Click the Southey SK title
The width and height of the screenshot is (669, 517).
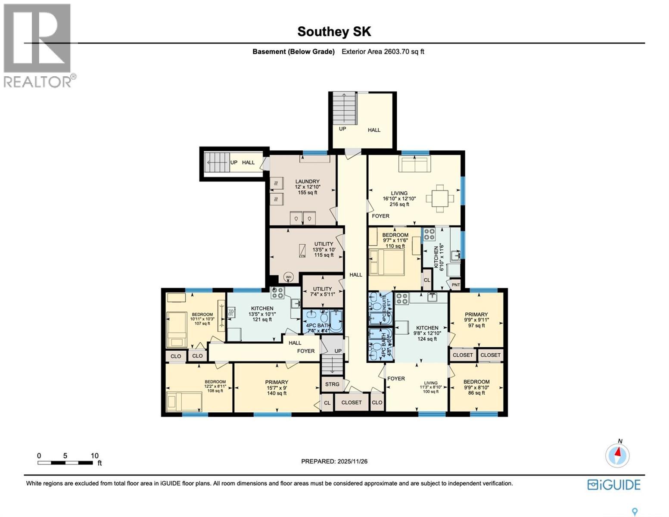click(x=334, y=31)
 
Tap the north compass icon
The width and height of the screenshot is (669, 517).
click(x=617, y=455)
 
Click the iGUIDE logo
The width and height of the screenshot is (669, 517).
click(x=614, y=485)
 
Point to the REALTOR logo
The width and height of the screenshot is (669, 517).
click(x=37, y=45)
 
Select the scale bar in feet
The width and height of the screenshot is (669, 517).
click(x=65, y=463)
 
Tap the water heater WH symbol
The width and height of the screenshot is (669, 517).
click(x=288, y=277)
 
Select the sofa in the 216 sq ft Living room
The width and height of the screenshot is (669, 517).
click(x=414, y=164)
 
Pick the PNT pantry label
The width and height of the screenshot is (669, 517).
click(x=455, y=285)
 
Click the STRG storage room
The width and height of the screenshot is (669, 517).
click(x=332, y=384)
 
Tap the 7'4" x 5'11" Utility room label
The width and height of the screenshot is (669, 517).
click(x=322, y=292)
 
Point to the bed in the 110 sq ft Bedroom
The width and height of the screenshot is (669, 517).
click(x=387, y=262)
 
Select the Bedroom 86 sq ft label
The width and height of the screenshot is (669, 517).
click(x=476, y=387)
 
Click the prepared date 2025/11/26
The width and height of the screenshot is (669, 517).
click(x=334, y=461)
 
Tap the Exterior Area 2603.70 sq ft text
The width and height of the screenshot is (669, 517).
click(x=383, y=52)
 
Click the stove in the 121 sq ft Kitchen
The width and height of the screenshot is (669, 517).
click(x=277, y=293)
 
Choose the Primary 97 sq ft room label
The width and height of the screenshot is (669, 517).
click(x=476, y=320)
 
